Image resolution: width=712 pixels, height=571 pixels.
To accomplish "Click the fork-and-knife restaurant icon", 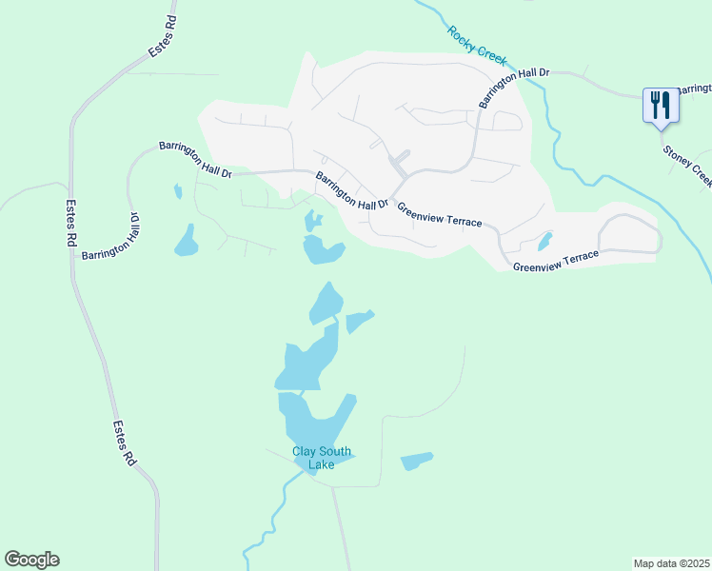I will [659, 104].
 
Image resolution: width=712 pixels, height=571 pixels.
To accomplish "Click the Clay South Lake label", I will [322, 458].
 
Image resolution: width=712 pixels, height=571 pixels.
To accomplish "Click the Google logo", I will [31, 560].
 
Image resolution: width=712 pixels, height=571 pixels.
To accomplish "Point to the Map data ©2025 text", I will [670, 562].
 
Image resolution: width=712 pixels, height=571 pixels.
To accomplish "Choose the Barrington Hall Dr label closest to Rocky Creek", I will [514, 86].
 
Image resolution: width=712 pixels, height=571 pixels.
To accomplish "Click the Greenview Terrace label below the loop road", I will [556, 262].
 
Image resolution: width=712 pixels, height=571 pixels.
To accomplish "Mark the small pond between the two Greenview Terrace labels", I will [544, 242].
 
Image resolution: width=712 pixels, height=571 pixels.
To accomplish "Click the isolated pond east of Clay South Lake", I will [416, 462].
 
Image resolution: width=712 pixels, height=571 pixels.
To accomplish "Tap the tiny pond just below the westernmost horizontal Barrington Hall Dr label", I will [178, 191].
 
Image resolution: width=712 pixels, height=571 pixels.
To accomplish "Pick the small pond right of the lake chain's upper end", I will [358, 322].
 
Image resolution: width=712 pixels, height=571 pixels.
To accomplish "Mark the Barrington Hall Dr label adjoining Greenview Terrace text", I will [352, 191].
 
